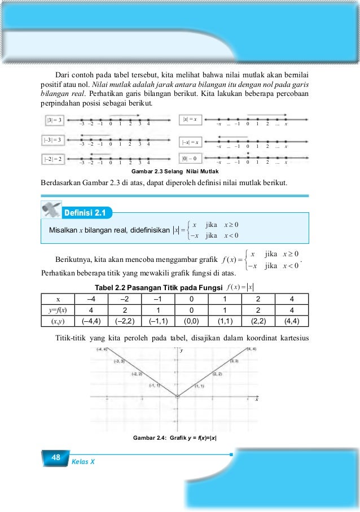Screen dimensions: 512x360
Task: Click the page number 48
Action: tap(55, 457)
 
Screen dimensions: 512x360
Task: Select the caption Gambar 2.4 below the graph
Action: tap(175, 438)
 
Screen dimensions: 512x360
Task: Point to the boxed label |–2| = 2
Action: tap(55, 160)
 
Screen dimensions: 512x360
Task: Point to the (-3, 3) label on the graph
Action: tap(119, 361)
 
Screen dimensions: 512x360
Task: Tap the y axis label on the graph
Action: tap(182, 351)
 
